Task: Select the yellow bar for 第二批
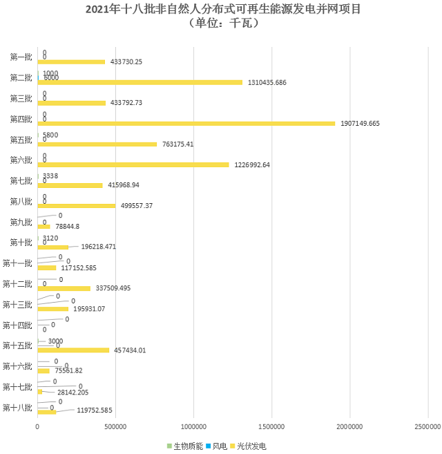tap(140, 82)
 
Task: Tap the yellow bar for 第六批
tap(133, 164)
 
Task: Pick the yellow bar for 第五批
tap(97, 144)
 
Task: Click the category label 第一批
tap(21, 57)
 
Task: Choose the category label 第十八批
tap(18, 408)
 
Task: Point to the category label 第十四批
tap(18, 325)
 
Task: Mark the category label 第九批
tap(21, 222)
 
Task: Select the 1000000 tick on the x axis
tap(193, 427)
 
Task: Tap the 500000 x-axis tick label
tap(115, 427)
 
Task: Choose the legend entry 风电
tap(220, 446)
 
